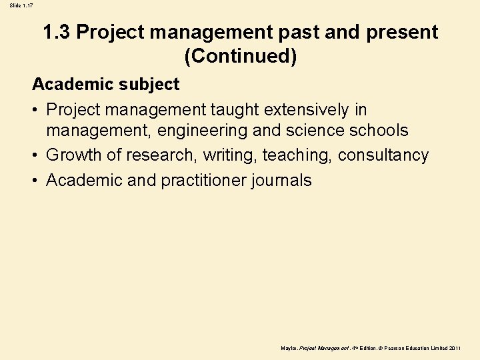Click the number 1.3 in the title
click(57, 32)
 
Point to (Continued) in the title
click(241, 56)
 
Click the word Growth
click(75, 155)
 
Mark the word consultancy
click(383, 155)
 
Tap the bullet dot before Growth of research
click(36, 155)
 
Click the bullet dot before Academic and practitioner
click(36, 180)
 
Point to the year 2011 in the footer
click(455, 349)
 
